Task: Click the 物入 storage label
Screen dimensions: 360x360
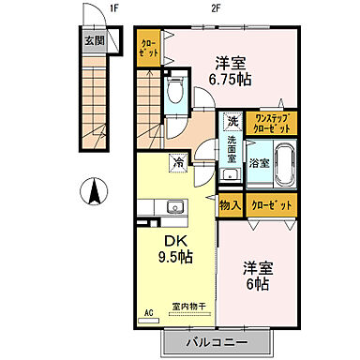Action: coord(230,204)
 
